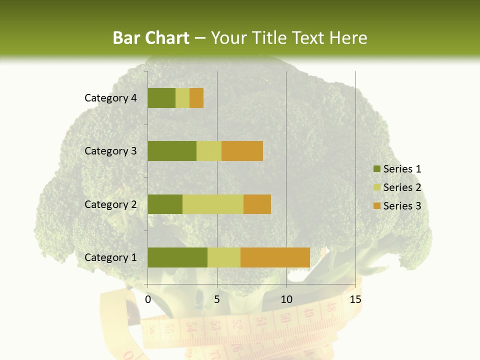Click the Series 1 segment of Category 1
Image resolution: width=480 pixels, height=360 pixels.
pyautogui.click(x=177, y=257)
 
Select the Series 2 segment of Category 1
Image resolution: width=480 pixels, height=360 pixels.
pyautogui.click(x=223, y=257)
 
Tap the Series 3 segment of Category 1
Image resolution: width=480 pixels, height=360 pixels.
pyautogui.click(x=275, y=257)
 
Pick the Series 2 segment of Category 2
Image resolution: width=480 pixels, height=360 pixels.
pyautogui.click(x=212, y=204)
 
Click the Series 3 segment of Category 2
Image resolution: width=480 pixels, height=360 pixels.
pyautogui.click(x=257, y=204)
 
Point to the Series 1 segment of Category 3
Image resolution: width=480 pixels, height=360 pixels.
pyautogui.click(x=172, y=151)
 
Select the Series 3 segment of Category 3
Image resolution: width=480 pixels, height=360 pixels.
pyautogui.click(x=242, y=151)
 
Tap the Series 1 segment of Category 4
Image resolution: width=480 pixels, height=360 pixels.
pyautogui.click(x=161, y=98)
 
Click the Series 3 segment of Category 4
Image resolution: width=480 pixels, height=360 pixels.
pyautogui.click(x=196, y=98)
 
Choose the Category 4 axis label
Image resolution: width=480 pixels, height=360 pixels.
pyautogui.click(x=110, y=98)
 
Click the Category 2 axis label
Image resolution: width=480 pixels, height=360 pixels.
pyautogui.click(x=110, y=204)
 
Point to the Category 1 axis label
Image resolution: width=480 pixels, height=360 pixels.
pyautogui.click(x=110, y=257)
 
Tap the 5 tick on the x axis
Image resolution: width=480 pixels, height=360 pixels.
pyautogui.click(x=217, y=299)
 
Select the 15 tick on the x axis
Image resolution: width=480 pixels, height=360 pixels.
pyautogui.click(x=355, y=299)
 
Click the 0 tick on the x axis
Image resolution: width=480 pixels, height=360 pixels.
pyautogui.click(x=148, y=299)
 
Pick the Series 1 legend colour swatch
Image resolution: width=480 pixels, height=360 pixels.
pyautogui.click(x=376, y=169)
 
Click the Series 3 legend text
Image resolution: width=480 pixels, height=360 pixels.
pyautogui.click(x=402, y=205)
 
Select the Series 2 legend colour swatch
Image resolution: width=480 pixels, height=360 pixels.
pyautogui.click(x=376, y=187)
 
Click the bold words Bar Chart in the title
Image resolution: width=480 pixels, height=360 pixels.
pyautogui.click(x=151, y=37)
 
